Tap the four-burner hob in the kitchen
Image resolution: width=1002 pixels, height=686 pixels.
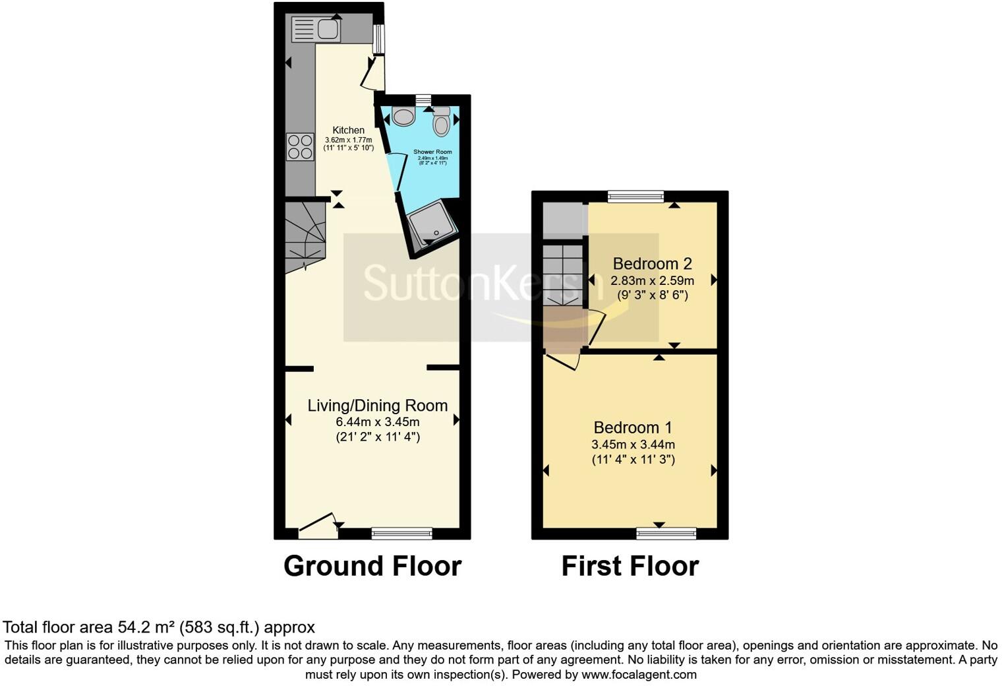(299, 146)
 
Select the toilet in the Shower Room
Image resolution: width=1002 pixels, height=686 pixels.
(441, 121)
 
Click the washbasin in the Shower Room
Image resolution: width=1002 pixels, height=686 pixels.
(403, 117)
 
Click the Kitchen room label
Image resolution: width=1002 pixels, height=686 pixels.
(348, 130)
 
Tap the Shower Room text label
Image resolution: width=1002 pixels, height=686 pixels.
(432, 152)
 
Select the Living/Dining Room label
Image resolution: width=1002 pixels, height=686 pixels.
(377, 406)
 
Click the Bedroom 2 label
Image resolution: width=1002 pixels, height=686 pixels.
(652, 264)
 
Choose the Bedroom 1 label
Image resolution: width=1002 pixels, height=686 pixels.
(633, 427)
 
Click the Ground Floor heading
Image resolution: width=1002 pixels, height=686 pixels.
(372, 566)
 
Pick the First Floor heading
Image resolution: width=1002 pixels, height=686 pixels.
(630, 566)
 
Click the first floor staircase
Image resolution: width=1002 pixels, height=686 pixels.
(563, 274)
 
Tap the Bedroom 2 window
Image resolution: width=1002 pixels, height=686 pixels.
(635, 195)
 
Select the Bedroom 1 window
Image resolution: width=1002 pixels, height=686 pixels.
(666, 532)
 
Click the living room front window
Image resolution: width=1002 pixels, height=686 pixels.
(402, 532)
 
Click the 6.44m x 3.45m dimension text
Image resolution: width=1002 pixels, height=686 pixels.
(377, 422)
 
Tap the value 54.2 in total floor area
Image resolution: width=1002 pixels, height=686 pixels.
(131, 627)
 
